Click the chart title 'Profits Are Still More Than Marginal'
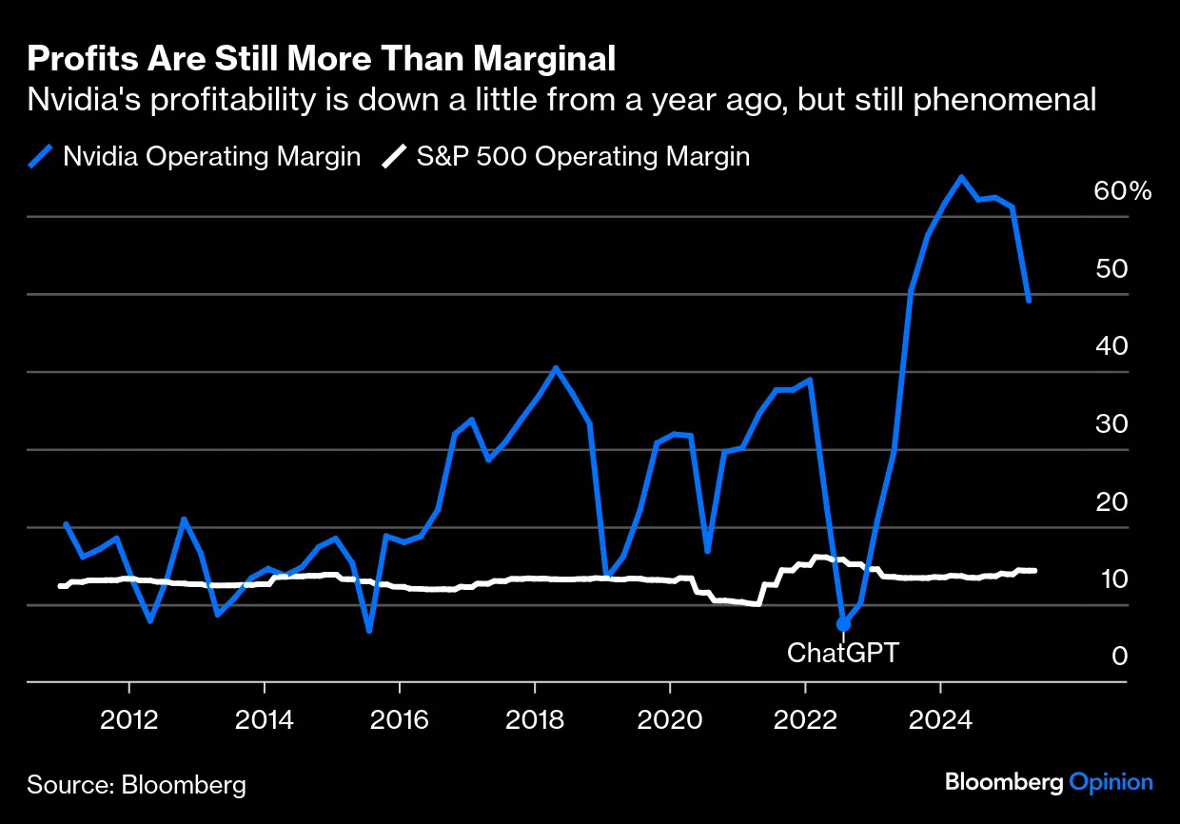[x=322, y=59]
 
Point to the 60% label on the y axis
[x=1123, y=191]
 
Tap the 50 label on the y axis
[x=1111, y=269]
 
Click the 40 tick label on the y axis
[x=1111, y=346]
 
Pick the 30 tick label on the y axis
[x=1111, y=424]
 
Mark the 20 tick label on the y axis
[x=1111, y=501]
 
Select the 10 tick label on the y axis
[x=1111, y=579]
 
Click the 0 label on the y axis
[x=1120, y=657]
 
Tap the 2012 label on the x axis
[x=128, y=719]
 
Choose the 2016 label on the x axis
[x=400, y=719]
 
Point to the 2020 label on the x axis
[x=670, y=719]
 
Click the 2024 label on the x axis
[x=940, y=719]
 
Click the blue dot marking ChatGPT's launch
[x=843, y=624]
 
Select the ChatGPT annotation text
[x=843, y=654]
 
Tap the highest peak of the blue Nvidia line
[x=961, y=177]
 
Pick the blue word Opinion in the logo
[x=1111, y=782]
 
